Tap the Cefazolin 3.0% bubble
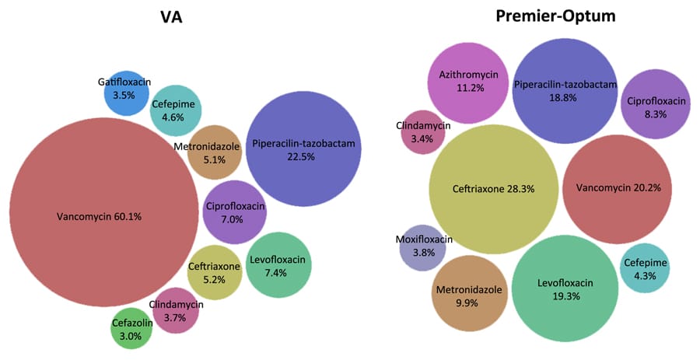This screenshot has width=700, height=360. pos(133,330)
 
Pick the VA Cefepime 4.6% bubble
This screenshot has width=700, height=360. pos(177,110)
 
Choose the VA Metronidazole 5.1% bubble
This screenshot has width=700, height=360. pos(214,153)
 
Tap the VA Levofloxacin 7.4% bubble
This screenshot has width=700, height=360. pos(279,265)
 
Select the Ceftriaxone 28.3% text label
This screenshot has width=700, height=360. pos(493,188)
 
